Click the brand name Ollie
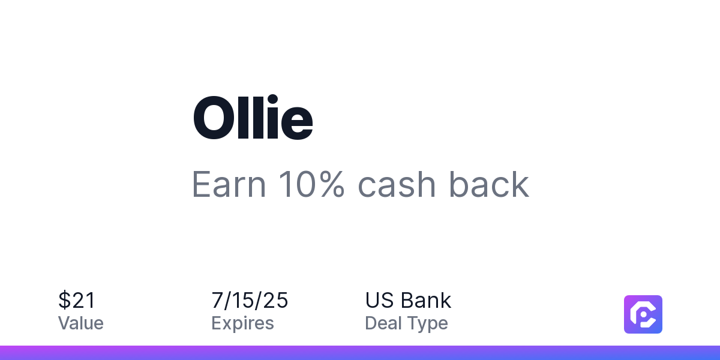pos(253,117)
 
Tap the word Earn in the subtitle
pos(229,185)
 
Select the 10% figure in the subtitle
pos(311,184)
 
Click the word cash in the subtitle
pos(397,185)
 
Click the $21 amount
pos(77,300)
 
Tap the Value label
pos(80,323)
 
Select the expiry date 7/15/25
pos(250,300)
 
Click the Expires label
pos(242,323)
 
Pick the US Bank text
pos(408,300)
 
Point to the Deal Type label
pos(406,323)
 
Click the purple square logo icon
pos(643,314)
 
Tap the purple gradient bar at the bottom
pos(360,353)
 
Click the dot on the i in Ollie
pos(272,99)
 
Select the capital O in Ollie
pos(214,118)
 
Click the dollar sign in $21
pos(64,300)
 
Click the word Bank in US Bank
pos(426,300)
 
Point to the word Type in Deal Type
pos(428,323)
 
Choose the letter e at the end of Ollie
pos(297,124)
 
